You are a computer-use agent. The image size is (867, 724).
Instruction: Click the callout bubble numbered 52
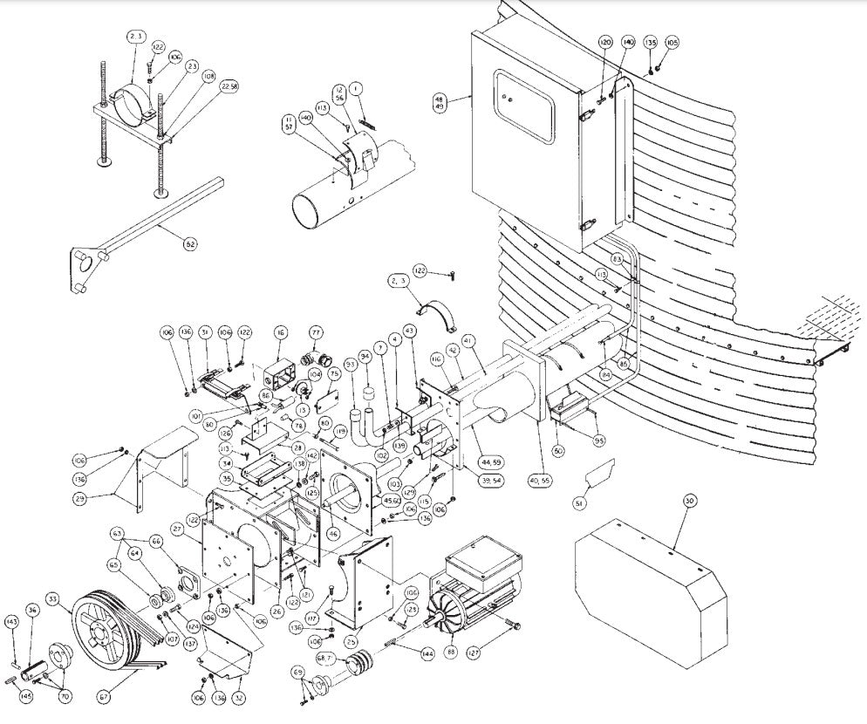pyautogui.click(x=189, y=243)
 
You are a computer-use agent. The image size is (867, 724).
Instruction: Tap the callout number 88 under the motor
pyautogui.click(x=451, y=650)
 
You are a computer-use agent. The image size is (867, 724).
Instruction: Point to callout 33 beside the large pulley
pyautogui.click(x=53, y=599)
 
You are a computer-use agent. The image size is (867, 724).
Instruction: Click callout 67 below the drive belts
pyautogui.click(x=106, y=696)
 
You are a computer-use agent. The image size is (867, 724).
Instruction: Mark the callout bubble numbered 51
pyautogui.click(x=579, y=502)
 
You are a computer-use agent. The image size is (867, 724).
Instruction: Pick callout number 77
pyautogui.click(x=316, y=331)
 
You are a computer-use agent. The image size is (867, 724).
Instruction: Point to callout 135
pyautogui.click(x=650, y=42)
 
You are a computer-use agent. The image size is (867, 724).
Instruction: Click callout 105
pyautogui.click(x=672, y=42)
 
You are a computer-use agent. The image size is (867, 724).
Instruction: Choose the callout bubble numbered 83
pyautogui.click(x=617, y=258)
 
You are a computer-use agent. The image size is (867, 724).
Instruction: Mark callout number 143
pyautogui.click(x=11, y=622)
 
